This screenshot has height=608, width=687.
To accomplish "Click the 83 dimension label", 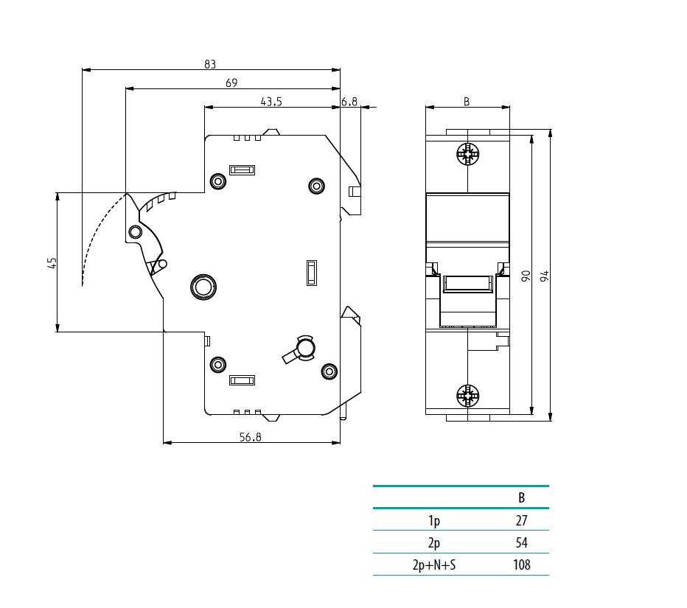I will [x=210, y=64].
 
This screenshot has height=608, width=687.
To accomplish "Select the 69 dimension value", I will [x=231, y=83].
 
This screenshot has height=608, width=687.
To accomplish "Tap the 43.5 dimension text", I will [x=271, y=102].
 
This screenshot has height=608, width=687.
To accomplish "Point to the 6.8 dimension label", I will [x=349, y=102].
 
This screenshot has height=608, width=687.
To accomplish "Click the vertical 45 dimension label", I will [x=52, y=262].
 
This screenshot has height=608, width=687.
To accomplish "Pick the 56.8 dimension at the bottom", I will [x=251, y=437].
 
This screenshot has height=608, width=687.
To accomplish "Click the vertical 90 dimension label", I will [x=526, y=276].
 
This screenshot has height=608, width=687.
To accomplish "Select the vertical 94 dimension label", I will [x=545, y=276].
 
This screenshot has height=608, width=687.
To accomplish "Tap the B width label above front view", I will [x=467, y=102].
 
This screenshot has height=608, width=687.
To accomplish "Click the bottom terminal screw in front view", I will [x=467, y=396].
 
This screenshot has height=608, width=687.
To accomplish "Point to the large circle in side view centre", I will [x=202, y=286].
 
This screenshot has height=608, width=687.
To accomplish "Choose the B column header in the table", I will [x=522, y=497].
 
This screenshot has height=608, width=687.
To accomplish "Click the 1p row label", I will [x=434, y=521].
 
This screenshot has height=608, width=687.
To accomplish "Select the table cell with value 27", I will [x=522, y=521].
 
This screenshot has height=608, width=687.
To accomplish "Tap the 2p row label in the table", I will [x=434, y=543].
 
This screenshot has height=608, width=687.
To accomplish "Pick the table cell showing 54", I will [x=522, y=543].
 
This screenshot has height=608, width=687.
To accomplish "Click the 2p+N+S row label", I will [x=434, y=565].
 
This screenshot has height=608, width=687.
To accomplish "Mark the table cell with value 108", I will [x=521, y=565].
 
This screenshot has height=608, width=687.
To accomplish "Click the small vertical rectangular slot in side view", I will [x=312, y=272].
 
